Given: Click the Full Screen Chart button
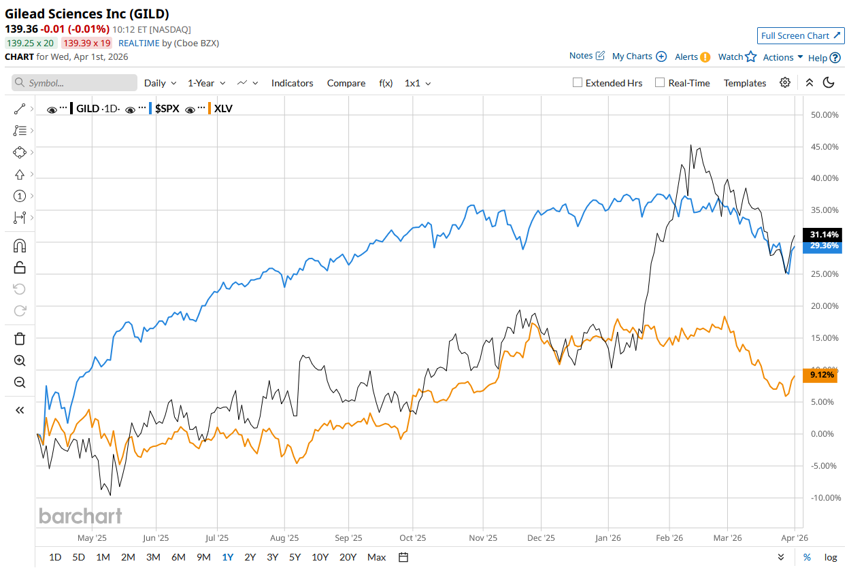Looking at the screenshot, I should click(801, 36).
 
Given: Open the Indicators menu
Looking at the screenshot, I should click(292, 83).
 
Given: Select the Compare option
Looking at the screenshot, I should click(346, 83).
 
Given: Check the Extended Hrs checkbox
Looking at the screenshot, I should click(578, 83).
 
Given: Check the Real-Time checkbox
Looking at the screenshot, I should click(659, 83).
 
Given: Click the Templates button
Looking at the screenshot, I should click(744, 83).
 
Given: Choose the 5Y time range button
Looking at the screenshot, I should click(295, 557).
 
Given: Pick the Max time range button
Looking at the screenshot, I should click(376, 557).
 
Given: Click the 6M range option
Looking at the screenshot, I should click(178, 557).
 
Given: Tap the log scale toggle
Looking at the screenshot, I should click(831, 557).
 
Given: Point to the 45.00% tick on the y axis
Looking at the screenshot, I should click(825, 147).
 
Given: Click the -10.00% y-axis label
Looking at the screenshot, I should click(825, 498).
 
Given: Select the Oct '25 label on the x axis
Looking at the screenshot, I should click(412, 538).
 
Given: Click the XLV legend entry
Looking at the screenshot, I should click(222, 108).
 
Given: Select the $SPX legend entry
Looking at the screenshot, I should click(167, 108).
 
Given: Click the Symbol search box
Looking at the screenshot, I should click(75, 83).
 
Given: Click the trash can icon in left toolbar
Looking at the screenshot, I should click(20, 339).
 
